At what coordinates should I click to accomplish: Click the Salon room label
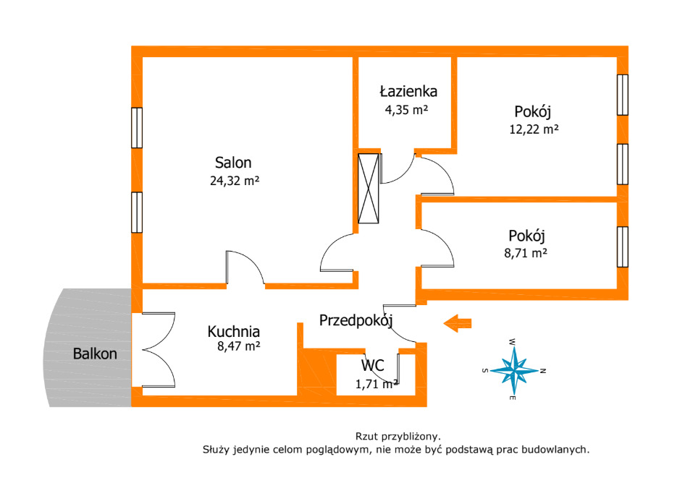click(x=233, y=163)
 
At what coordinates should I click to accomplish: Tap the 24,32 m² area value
click(x=235, y=181)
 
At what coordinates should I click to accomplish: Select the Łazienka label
click(x=408, y=92)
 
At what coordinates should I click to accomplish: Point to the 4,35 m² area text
click(x=406, y=109)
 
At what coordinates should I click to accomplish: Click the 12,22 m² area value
click(x=534, y=129)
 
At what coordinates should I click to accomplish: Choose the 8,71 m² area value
click(x=525, y=253)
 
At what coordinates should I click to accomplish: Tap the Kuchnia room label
click(x=234, y=332)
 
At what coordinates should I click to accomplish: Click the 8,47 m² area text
click(x=239, y=346)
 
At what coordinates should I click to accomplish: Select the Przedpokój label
click(x=356, y=320)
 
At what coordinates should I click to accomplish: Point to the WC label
click(x=373, y=366)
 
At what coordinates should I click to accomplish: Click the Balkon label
click(x=95, y=354)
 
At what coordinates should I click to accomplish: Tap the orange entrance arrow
click(x=458, y=323)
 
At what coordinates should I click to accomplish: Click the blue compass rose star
click(x=515, y=370)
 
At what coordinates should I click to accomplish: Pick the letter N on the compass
click(x=543, y=371)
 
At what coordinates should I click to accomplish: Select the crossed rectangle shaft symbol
click(x=369, y=189)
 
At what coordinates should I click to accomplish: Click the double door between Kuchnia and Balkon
click(x=159, y=350)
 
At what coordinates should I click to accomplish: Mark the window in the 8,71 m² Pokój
click(x=622, y=247)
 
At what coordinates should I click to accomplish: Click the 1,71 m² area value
click(x=377, y=384)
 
